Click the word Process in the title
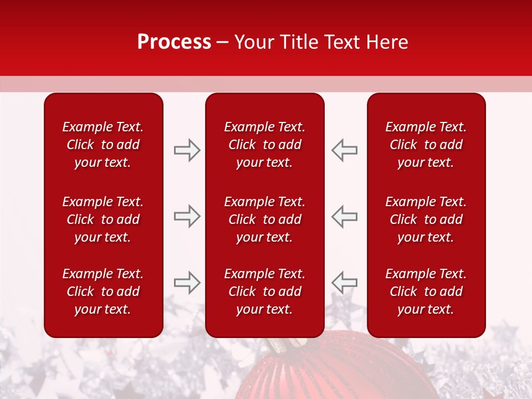174,42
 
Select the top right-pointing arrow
187,150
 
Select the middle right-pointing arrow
187,216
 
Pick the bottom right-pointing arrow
187,283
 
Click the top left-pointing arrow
344,150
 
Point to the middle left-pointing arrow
344,216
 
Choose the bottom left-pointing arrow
344,283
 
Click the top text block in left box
103,145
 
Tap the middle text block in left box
103,219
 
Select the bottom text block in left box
103,291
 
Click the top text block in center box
264,145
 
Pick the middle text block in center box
264,219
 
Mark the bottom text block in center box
264,291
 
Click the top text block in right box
426,145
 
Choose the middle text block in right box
426,219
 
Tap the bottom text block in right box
426,291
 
